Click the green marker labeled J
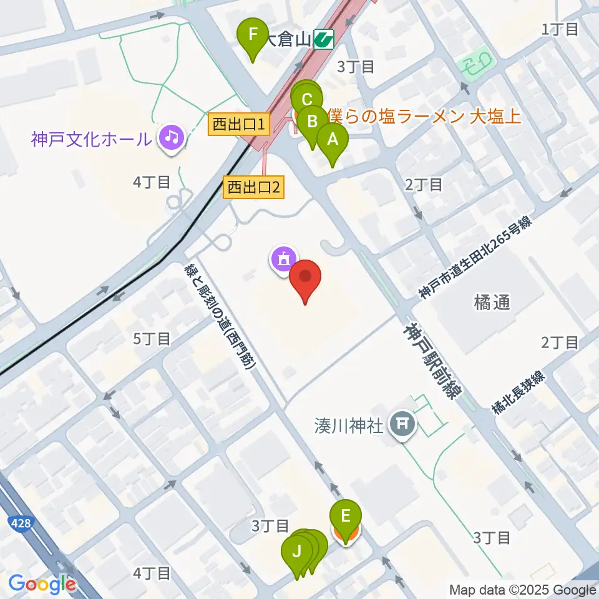click(296, 552)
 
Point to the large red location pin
click(305, 278)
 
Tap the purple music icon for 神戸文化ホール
click(171, 135)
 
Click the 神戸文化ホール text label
click(91, 139)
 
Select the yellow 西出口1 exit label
click(239, 125)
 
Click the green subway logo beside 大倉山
click(324, 41)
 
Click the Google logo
click(42, 584)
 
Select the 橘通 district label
click(492, 303)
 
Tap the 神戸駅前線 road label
click(432, 359)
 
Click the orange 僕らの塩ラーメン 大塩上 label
click(424, 115)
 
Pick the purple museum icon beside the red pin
click(283, 258)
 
